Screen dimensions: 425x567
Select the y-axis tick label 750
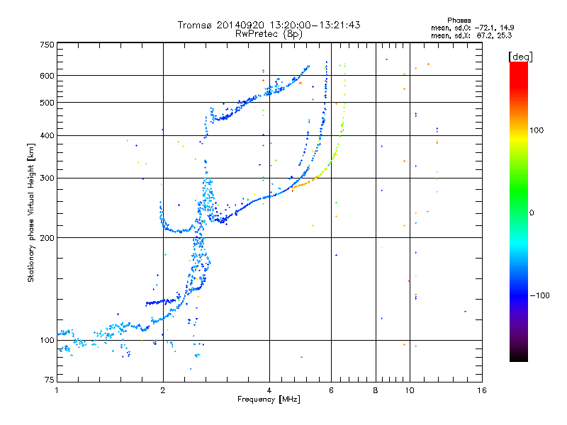tap(47, 45)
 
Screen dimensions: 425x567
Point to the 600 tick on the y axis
tap(47, 76)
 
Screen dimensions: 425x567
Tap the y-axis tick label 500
tap(47, 103)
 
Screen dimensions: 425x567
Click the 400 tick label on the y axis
tap(47, 136)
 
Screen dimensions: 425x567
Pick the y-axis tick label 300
tap(47, 178)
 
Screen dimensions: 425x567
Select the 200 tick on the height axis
tap(47, 238)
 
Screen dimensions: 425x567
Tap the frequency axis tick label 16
tap(481, 390)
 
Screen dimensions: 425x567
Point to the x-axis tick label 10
tap(409, 390)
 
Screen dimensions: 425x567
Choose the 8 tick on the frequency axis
tap(376, 390)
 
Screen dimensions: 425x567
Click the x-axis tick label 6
tap(332, 390)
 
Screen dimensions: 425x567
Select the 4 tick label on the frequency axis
tap(269, 390)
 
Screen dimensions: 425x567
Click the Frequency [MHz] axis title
tap(269, 400)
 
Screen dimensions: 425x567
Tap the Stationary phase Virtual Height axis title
tap(31, 213)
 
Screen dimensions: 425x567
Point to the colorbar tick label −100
tap(540, 295)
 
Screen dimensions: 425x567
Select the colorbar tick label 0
tap(532, 212)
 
